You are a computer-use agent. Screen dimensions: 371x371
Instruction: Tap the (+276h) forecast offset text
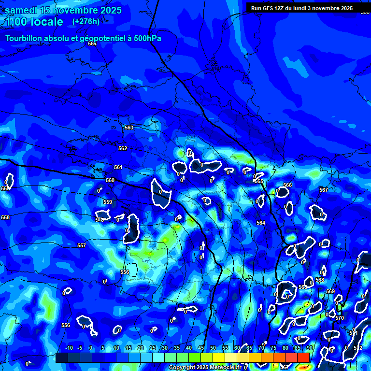coord(86,21)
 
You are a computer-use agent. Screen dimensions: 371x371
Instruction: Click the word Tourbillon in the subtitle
coord(27,39)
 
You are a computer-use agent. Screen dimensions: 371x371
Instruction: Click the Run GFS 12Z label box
coord(301,8)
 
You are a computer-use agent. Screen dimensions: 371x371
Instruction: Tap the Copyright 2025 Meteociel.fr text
coord(205,368)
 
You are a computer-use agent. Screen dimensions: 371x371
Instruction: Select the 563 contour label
coord(129,128)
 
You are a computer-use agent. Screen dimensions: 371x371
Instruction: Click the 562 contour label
coord(123,148)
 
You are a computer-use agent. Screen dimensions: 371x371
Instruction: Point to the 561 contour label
coord(118,167)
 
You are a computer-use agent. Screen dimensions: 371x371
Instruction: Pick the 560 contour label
coord(110,180)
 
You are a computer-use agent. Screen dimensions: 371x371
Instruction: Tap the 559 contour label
coord(108,202)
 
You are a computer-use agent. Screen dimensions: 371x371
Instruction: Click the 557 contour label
coord(82,245)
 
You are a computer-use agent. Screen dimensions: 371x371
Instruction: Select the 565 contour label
coord(259,181)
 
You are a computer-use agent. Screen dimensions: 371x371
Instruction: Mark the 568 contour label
coord(320,280)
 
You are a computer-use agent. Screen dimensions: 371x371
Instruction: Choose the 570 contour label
coord(339,318)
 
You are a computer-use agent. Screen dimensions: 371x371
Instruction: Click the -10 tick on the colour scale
coord(69,348)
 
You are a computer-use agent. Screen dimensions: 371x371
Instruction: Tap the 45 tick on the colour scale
coord(201,348)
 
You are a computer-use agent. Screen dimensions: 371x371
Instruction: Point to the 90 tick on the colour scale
coord(309,348)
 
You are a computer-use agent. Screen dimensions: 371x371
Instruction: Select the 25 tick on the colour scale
coord(153,348)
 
